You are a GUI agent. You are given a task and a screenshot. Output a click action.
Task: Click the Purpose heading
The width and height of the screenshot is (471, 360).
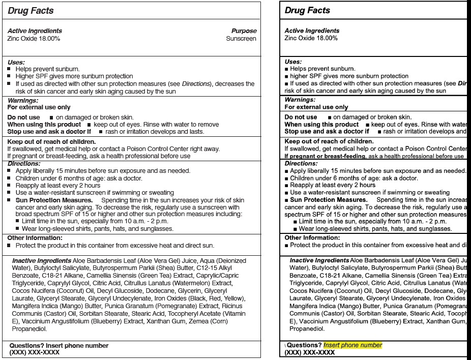coord(244,31)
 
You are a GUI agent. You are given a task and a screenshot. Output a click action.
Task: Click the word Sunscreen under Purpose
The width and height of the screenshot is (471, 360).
coord(241,39)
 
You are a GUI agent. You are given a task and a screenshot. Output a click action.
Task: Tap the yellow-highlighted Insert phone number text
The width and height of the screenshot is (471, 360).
coord(352,345)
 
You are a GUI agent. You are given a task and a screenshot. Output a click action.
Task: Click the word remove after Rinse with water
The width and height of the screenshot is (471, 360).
coord(209,125)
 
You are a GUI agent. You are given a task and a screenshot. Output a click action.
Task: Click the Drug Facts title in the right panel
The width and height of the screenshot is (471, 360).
coord(307,10)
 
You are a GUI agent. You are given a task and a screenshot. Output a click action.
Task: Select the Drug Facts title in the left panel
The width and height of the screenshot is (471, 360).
coord(31,11)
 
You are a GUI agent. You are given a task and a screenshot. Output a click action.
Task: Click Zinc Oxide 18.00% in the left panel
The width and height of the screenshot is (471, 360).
coord(34,39)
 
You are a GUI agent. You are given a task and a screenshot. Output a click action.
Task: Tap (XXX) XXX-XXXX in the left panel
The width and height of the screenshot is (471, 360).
coord(35,352)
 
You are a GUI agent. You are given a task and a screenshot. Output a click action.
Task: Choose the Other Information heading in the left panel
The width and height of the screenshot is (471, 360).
coord(35,238)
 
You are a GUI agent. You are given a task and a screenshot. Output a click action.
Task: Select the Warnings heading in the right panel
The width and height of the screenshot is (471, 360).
coord(300,100)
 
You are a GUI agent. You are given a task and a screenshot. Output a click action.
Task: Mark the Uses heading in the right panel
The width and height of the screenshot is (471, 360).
coord(293,62)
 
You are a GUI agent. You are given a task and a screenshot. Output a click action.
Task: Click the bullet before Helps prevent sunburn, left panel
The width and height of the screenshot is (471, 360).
coord(9,69)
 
